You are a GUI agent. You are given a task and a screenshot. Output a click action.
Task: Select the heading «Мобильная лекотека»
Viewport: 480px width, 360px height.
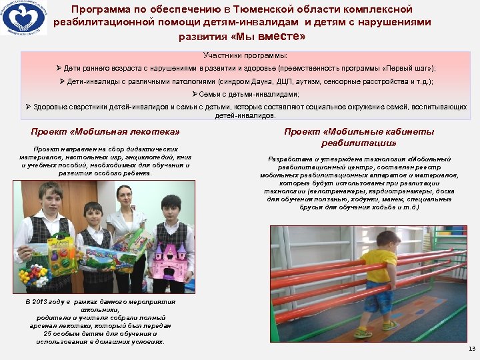[105, 131]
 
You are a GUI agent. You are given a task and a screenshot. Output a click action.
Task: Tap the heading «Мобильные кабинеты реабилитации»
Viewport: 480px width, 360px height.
[359, 137]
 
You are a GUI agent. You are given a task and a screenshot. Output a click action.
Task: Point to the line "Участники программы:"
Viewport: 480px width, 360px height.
[245, 55]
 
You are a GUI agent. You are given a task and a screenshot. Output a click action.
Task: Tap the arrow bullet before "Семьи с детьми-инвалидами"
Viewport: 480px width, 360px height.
[194, 95]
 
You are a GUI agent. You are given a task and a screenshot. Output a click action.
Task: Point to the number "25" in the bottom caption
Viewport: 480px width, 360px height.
[48, 334]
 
